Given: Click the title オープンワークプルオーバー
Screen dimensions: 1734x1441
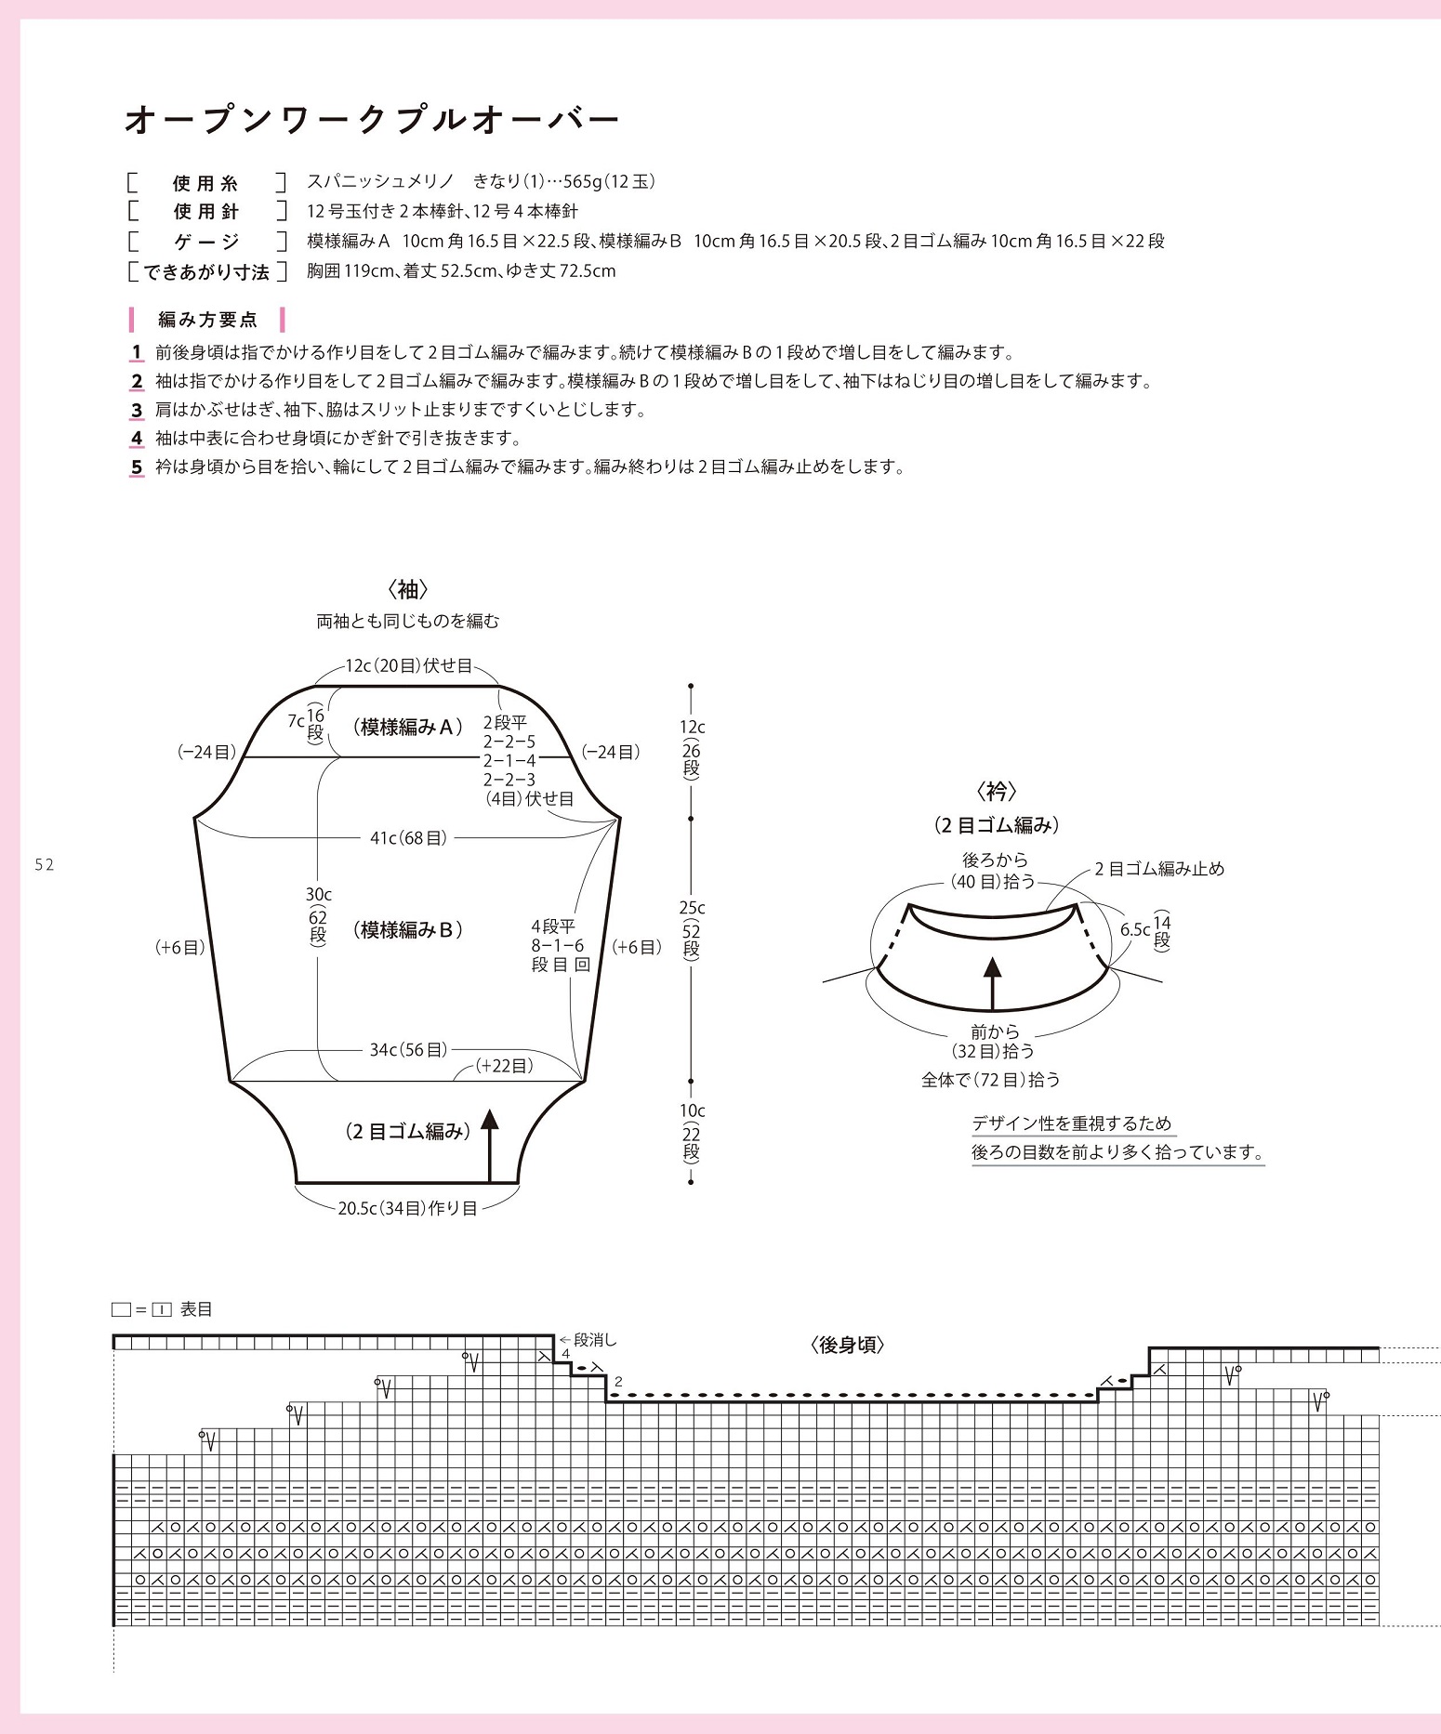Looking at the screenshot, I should (x=371, y=121).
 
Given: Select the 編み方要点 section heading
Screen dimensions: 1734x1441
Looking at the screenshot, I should (x=207, y=320).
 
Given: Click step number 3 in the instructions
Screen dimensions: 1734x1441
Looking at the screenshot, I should (x=137, y=410).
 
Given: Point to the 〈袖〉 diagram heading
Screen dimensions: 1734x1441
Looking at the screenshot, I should (x=407, y=589).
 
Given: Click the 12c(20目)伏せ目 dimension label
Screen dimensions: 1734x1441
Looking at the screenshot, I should (x=408, y=665).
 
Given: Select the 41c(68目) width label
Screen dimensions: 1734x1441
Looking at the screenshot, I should (x=408, y=838).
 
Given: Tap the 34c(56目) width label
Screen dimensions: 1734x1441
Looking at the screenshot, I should (x=408, y=1049).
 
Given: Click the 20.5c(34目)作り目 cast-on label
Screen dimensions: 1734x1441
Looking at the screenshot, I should (x=407, y=1208).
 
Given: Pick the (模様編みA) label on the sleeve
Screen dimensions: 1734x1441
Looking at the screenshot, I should (x=408, y=728).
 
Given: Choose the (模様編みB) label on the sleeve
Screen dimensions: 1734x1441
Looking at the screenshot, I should (x=408, y=929).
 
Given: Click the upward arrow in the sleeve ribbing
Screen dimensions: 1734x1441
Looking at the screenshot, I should (x=490, y=1143).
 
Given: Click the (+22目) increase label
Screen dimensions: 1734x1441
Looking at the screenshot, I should (x=504, y=1066).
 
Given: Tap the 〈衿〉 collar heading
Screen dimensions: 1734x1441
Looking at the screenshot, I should (x=997, y=792).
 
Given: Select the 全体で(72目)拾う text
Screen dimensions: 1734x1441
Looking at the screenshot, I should (x=990, y=1080).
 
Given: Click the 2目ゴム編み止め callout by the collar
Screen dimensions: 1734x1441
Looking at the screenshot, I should (x=1158, y=869).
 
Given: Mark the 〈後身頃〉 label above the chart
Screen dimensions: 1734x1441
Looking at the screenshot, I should (x=847, y=1345).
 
